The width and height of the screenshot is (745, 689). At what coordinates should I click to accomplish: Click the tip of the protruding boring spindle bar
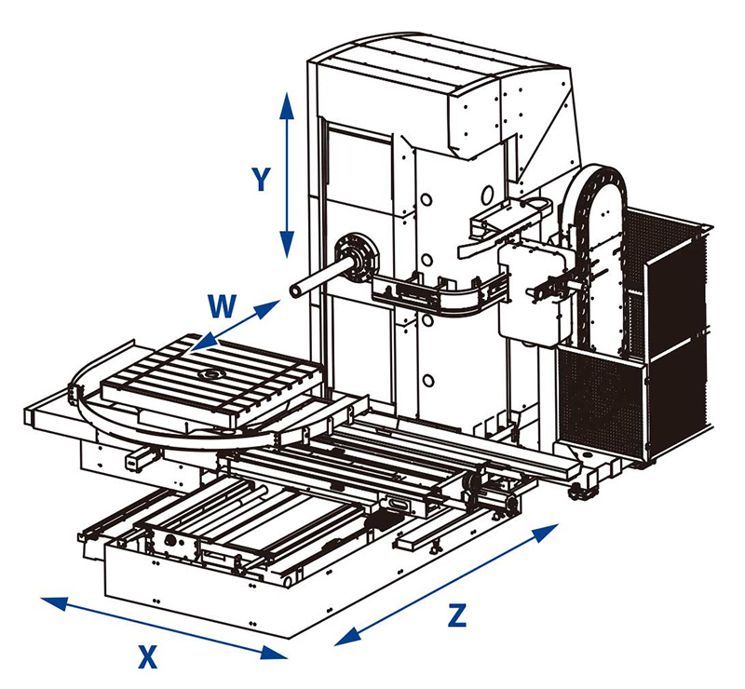(295, 291)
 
